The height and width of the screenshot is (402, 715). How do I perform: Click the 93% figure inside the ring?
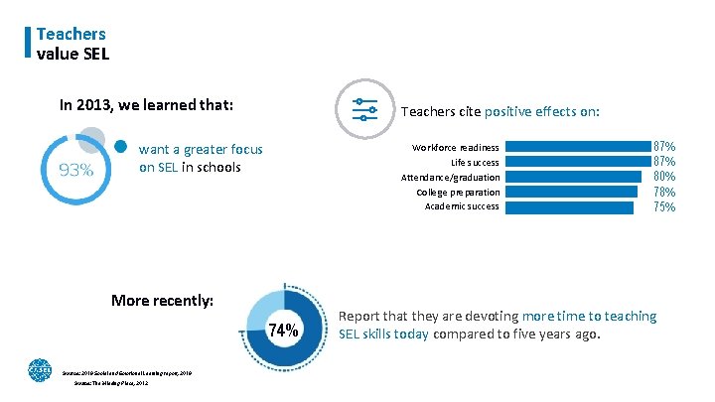tap(76, 170)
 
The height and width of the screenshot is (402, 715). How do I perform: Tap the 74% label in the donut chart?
tap(284, 331)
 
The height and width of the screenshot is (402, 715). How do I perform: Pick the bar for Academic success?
tap(571, 206)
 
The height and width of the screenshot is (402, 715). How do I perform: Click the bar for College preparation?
tap(575, 192)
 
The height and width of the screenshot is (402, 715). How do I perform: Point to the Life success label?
tap(475, 162)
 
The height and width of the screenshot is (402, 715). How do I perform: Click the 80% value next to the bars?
tap(664, 177)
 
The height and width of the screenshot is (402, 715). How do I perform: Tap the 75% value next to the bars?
tap(664, 206)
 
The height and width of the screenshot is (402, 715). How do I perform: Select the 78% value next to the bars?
tap(664, 192)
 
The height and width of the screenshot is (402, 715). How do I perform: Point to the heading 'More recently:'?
tap(163, 300)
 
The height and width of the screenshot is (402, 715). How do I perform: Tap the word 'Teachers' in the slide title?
tap(71, 34)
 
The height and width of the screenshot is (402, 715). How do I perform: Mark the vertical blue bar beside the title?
tap(28, 43)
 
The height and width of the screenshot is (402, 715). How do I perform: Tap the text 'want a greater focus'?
tap(202, 149)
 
